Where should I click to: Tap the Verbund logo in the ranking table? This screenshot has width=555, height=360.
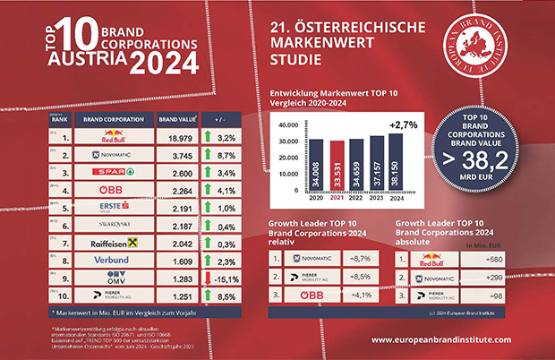click(112, 260)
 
